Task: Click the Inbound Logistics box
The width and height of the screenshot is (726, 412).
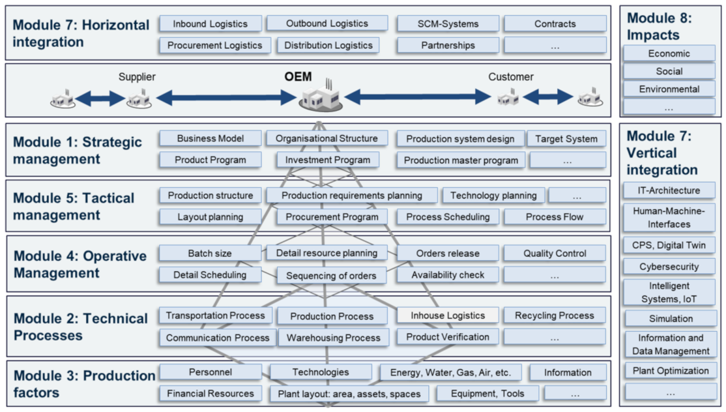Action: pos(210,24)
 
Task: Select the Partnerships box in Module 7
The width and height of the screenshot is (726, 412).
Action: pos(448,46)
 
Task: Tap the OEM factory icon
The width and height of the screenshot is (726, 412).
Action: pos(320,98)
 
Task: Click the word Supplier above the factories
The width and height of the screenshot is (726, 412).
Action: pos(137,77)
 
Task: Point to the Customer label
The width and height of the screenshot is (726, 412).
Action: pos(511,77)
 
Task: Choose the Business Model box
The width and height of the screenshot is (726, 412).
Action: pos(210,138)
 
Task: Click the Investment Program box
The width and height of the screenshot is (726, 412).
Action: pos(328,160)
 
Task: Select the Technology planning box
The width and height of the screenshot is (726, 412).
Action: pos(493,196)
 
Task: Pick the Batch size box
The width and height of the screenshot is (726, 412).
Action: pos(210,254)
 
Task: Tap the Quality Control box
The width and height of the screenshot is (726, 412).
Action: pos(554,254)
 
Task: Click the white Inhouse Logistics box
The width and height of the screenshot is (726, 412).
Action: pos(448,316)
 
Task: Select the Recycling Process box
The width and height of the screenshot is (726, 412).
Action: pos(554,316)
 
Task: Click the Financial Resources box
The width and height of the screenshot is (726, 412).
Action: pos(210,394)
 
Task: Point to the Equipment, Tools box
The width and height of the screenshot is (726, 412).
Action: pos(487,394)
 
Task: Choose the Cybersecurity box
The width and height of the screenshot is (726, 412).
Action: pos(669,267)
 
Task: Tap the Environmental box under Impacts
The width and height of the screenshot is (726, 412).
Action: pos(669,89)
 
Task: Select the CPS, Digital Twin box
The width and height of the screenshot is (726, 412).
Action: pos(669,246)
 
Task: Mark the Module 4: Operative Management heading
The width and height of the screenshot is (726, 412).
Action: pos(80,264)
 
